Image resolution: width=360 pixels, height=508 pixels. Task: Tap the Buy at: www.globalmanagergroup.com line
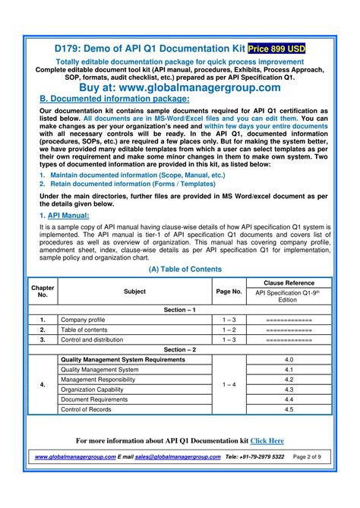click(x=179, y=88)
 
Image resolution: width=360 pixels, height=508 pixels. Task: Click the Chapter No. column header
click(x=43, y=291)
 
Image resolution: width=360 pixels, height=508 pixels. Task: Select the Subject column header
click(x=134, y=291)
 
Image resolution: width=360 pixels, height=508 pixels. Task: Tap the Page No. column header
click(x=229, y=291)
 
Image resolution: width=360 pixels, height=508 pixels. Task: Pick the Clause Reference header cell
click(x=289, y=282)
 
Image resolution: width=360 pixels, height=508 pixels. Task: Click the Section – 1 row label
click(x=180, y=310)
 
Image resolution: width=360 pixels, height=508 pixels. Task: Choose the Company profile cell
click(x=83, y=320)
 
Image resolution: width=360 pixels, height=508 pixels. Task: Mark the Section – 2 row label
click(x=180, y=349)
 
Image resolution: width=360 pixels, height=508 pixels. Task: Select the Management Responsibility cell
click(x=99, y=379)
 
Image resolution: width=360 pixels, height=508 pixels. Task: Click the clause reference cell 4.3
click(x=289, y=389)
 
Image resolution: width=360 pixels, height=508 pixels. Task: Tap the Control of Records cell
click(x=87, y=409)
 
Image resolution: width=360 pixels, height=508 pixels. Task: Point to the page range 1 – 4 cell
click(x=229, y=384)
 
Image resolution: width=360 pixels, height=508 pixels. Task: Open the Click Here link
click(x=267, y=440)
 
